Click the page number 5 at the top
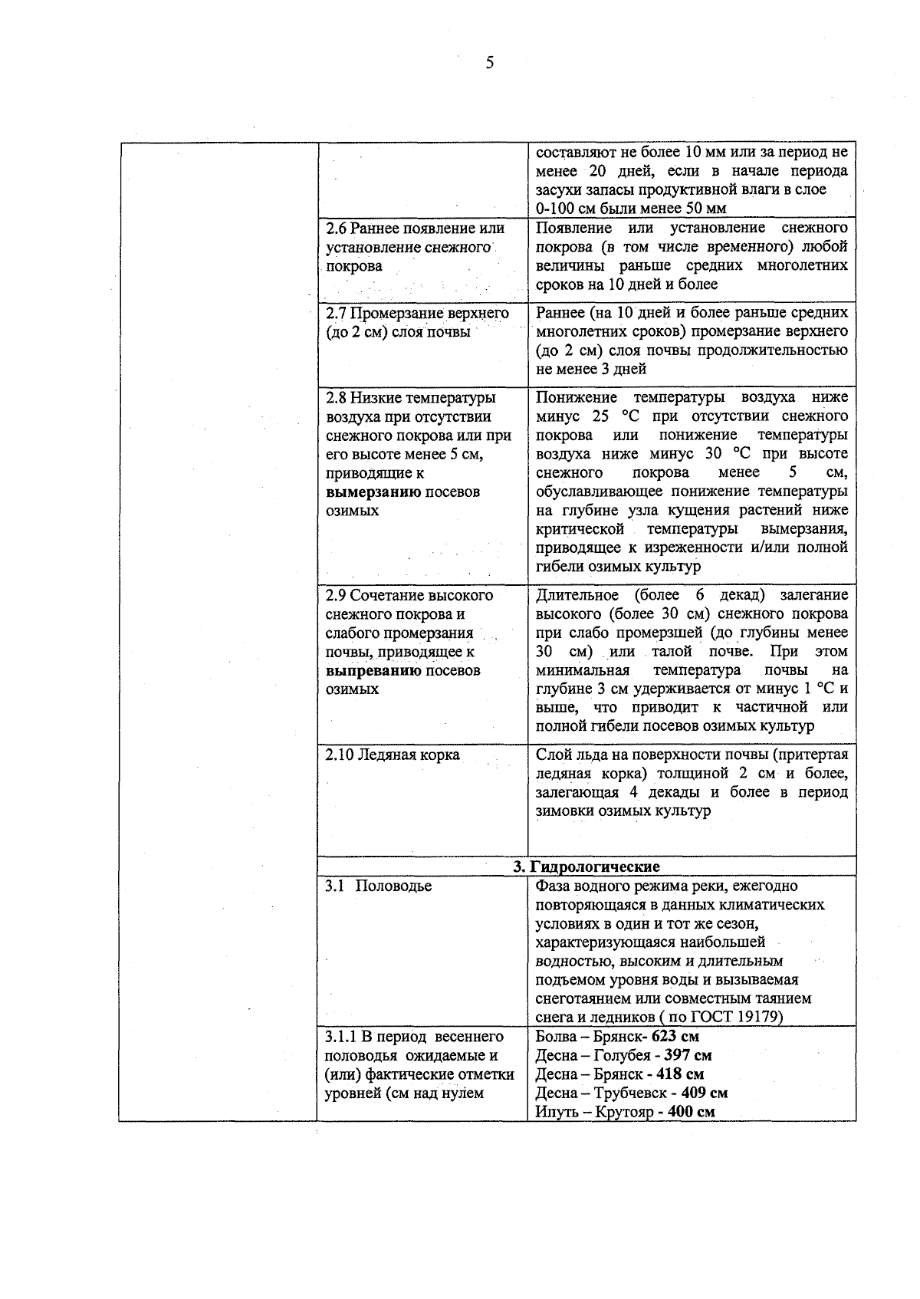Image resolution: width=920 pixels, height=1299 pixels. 489,63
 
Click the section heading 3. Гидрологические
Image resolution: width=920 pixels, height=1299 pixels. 586,867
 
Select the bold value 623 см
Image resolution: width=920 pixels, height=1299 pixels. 675,1037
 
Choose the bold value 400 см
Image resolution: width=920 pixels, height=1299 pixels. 692,1112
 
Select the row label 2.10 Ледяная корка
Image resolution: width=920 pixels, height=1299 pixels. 393,755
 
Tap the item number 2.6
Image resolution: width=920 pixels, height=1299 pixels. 337,229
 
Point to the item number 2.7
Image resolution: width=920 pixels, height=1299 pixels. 337,314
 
